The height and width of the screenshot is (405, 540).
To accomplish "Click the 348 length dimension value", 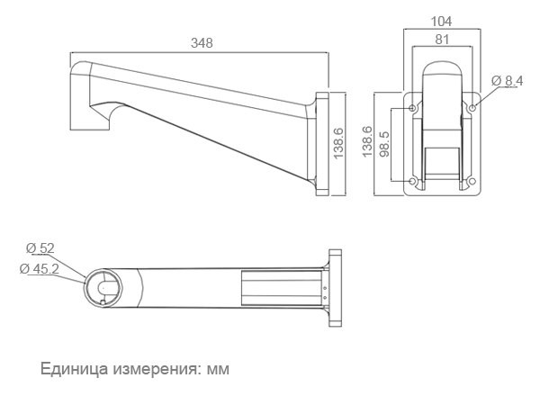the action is click(202, 43).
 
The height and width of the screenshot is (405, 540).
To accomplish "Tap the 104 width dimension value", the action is click(442, 22).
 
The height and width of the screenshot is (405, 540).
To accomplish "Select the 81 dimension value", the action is click(442, 40).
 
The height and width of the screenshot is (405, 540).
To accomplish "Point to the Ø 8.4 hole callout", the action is click(508, 81).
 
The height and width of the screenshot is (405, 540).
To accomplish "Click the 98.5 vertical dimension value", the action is click(384, 144).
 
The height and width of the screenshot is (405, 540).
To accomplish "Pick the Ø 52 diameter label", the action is click(40, 248).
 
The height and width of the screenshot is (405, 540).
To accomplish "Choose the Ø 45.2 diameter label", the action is click(40, 268).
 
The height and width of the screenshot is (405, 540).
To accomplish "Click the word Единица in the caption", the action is click(75, 368).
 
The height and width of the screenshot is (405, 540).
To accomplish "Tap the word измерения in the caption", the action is click(157, 369).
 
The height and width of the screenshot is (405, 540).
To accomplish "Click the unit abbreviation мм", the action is click(218, 370).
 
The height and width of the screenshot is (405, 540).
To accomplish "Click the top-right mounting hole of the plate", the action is click(472, 108).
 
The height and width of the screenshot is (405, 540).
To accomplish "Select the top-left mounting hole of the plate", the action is click(412, 108).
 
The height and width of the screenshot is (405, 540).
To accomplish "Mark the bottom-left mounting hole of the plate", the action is click(412, 181).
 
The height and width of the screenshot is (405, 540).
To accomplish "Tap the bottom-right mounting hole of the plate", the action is click(472, 181).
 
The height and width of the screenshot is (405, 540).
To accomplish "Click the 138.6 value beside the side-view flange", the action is click(338, 143).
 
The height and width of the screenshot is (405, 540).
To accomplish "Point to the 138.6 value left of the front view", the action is click(367, 141).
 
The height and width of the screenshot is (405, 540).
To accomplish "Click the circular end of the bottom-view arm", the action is click(103, 288).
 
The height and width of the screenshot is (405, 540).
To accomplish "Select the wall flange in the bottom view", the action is click(335, 288).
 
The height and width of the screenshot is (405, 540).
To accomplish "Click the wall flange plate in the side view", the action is click(323, 144).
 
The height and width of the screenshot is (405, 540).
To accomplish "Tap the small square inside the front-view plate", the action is click(442, 161).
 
